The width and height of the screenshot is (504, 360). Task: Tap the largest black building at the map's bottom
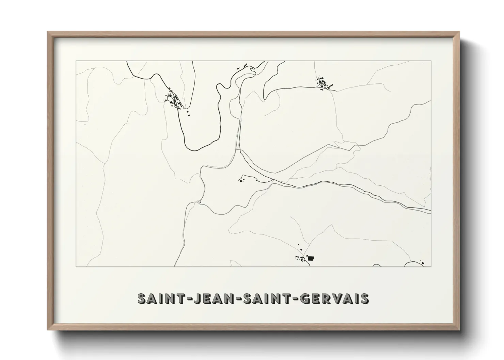point(310,258)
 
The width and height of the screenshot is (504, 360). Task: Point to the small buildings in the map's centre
point(243,179)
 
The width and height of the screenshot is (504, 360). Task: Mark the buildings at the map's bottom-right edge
point(422,262)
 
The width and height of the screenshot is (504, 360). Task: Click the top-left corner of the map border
point(76,61)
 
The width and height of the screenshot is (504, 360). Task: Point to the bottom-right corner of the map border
point(431,267)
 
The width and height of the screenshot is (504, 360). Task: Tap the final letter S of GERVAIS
point(364,298)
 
